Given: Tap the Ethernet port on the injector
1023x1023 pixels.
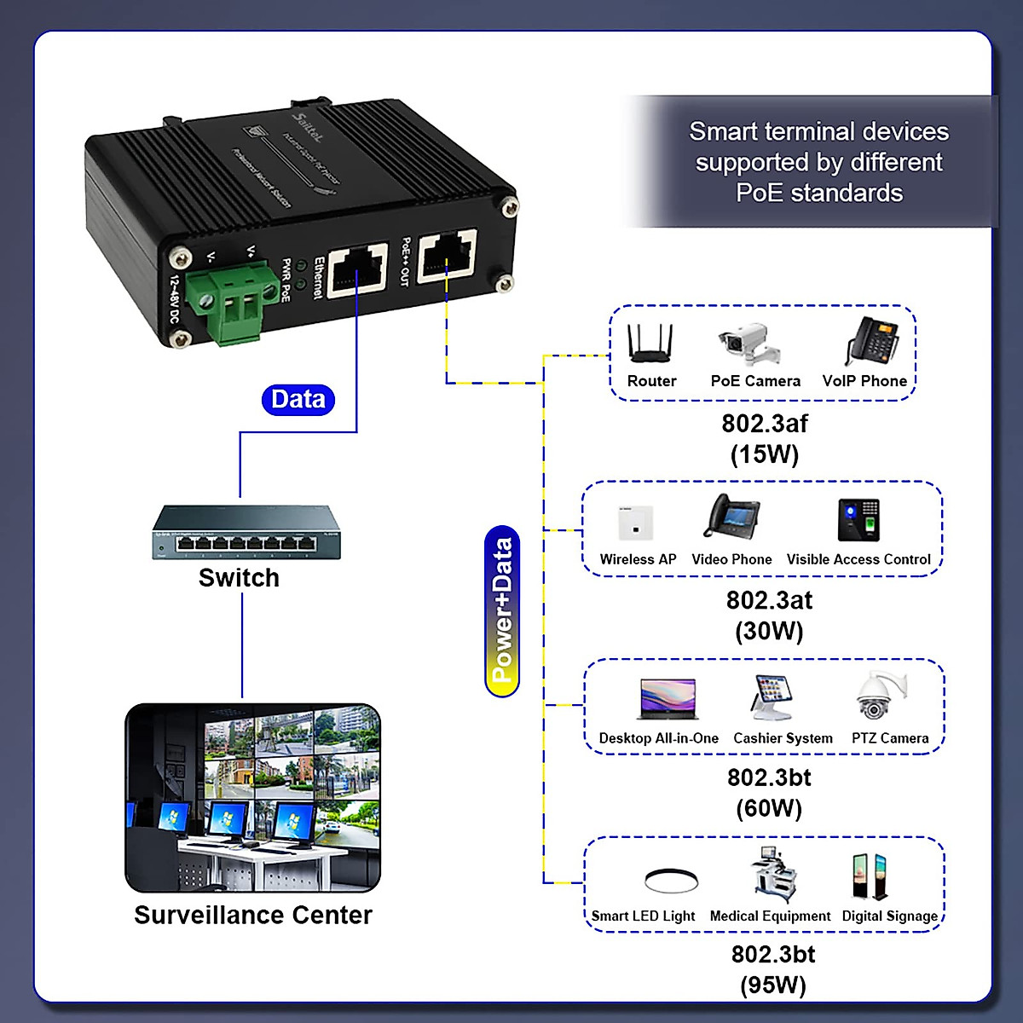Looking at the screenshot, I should (x=357, y=269).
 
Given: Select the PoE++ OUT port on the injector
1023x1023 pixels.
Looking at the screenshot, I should (x=447, y=255).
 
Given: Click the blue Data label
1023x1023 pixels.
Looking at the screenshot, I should (x=298, y=399).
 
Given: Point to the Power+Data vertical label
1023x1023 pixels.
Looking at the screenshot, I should (x=502, y=610).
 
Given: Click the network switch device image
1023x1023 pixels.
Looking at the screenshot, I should (x=246, y=533).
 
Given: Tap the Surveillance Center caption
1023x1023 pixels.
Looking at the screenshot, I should (x=253, y=915).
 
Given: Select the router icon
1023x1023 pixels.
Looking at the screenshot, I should (x=650, y=344).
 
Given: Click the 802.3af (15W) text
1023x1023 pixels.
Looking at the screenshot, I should (x=765, y=438).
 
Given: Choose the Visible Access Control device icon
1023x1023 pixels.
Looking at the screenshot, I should (x=858, y=520).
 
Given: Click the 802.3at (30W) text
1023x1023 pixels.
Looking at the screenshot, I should (x=769, y=616).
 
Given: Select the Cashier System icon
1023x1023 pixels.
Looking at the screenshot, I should (x=780, y=698).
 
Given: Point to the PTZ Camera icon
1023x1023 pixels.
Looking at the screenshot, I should (x=881, y=696).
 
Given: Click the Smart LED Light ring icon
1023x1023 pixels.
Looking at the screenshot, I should (x=671, y=880).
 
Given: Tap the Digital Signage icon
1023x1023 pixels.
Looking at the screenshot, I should (x=870, y=876).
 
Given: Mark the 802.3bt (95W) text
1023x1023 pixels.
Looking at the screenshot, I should (x=772, y=969).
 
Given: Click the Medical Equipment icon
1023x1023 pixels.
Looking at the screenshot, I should (x=773, y=876).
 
